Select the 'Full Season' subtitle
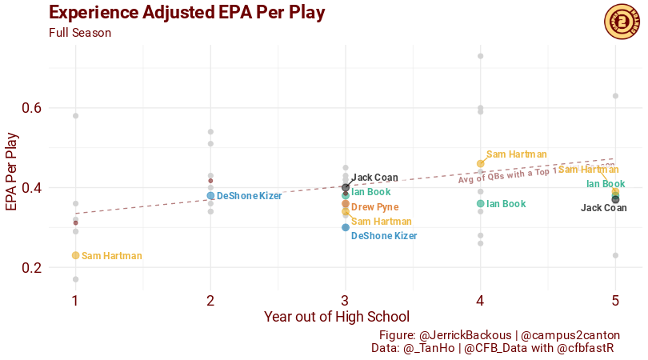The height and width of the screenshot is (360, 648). [80, 33]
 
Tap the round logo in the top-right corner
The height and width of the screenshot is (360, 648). [621, 19]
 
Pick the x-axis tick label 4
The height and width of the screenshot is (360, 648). [480, 301]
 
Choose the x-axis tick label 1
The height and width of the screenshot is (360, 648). [75, 301]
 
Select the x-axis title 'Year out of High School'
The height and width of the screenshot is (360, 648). [337, 317]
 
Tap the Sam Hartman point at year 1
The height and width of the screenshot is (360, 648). [75, 255]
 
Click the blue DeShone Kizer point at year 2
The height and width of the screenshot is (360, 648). [210, 195]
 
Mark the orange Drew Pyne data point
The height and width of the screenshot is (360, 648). [346, 204]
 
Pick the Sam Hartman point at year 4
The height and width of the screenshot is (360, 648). [481, 163]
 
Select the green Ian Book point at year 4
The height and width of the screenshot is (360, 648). [481, 203]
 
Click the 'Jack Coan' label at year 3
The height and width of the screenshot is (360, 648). [374, 178]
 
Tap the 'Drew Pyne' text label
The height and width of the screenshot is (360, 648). [374, 207]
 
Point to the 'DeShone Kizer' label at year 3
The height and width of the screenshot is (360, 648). [384, 236]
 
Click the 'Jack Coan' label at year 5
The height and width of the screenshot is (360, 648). [603, 208]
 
